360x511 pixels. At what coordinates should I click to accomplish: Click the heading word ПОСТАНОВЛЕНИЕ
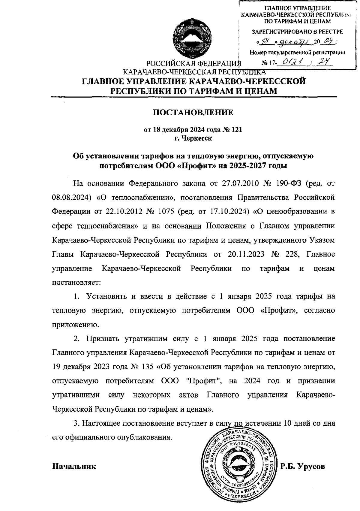193,113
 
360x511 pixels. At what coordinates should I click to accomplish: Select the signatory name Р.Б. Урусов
303,467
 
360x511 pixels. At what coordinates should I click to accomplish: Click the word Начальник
74,467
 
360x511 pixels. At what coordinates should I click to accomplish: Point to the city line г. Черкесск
193,138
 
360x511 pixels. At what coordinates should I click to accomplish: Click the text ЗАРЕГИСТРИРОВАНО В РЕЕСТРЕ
297,32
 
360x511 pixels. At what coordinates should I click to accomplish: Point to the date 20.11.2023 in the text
246,254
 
